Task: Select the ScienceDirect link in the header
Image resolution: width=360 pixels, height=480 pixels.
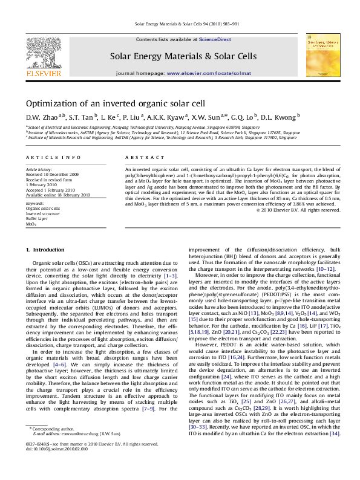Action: click(215, 39)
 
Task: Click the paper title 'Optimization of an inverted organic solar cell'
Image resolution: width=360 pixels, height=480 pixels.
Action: click(116, 103)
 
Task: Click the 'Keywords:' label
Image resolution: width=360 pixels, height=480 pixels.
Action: click(36, 204)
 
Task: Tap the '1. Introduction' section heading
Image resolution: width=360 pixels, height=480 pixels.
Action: click(45, 250)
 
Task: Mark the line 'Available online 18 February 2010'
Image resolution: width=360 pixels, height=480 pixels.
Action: click(57, 195)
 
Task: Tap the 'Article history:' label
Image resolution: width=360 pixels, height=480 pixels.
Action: click(39, 170)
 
